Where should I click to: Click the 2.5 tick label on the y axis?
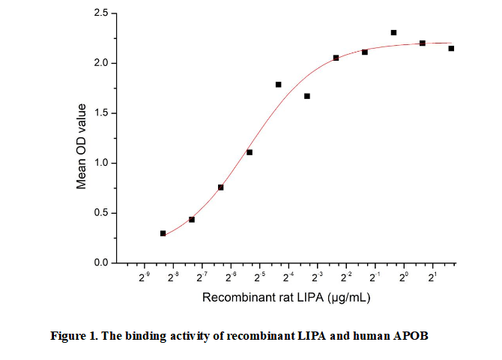pos(101,13)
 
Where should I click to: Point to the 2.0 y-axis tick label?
pos(101,63)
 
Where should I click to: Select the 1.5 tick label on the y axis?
pos(101,113)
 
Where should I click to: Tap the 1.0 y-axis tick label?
pos(101,163)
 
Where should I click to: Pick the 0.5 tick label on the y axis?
pos(101,213)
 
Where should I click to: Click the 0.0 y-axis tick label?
pos(101,263)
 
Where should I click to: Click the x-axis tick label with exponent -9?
pos(144,278)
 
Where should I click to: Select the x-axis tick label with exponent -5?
pos(259,278)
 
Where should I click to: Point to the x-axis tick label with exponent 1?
pos(432,278)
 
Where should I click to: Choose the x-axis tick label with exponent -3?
pos(317,278)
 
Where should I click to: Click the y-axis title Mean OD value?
pos(82,147)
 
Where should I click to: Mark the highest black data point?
pos(393,33)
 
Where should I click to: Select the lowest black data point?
pos(163,233)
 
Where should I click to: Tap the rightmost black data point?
pos(451,49)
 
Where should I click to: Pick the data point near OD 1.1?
pos(250,152)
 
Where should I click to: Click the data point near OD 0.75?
pos(221,187)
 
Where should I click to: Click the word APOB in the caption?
pos(411,335)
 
